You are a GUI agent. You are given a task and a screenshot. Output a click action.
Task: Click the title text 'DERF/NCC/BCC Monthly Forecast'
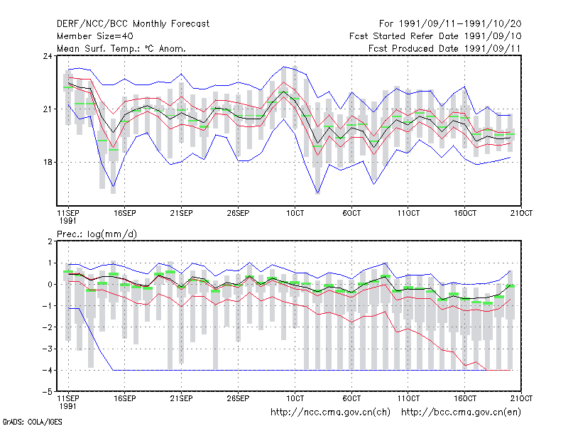133,24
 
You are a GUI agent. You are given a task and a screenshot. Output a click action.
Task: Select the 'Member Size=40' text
95,36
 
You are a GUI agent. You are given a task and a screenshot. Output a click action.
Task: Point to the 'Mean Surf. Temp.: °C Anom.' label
121,48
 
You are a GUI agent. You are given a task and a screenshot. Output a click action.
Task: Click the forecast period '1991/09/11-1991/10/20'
460,24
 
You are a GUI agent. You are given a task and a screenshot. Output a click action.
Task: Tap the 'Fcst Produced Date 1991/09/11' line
444,48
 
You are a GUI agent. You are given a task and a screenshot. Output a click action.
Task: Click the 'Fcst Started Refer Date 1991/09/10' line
435,36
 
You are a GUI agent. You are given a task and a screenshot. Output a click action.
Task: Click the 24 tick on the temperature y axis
48,56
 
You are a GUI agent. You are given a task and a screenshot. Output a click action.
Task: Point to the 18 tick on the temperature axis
48,163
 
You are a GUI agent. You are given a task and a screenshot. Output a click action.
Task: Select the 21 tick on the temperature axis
48,109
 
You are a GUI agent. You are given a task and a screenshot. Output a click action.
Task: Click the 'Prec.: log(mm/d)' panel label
97,234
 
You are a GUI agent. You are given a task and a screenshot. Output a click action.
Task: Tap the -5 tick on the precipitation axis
48,392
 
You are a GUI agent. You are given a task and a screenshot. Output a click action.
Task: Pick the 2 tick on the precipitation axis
50,241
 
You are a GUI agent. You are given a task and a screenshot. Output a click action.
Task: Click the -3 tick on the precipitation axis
48,349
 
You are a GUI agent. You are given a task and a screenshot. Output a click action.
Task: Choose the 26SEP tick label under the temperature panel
238,214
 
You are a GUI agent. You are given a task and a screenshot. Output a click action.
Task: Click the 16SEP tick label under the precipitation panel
125,398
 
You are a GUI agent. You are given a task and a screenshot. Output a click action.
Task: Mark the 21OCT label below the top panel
522,214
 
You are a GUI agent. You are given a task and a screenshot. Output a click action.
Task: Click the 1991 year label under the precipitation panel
67,406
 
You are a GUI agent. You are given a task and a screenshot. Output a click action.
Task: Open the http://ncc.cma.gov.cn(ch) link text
330,413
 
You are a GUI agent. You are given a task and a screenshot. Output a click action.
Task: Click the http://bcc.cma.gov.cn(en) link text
461,413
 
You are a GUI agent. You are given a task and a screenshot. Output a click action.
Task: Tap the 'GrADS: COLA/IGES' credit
32,422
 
